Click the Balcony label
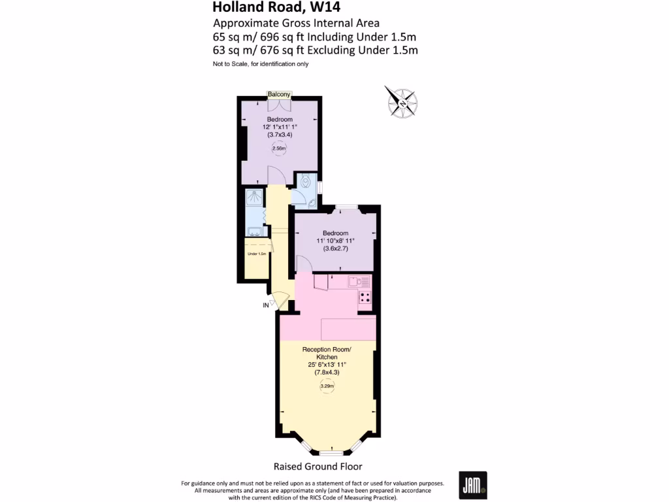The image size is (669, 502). coord(279,95)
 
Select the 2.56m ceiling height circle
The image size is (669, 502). coord(279,148)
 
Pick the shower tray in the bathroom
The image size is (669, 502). coord(253,199)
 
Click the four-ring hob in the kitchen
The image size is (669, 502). coord(365,300)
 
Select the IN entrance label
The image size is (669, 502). coord(266,305)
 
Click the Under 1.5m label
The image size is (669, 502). coord(256,254)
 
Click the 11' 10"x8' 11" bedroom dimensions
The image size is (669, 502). coord(335,241)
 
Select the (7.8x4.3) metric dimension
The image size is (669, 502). coord(327,373)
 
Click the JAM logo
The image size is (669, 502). coord(473,486)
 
